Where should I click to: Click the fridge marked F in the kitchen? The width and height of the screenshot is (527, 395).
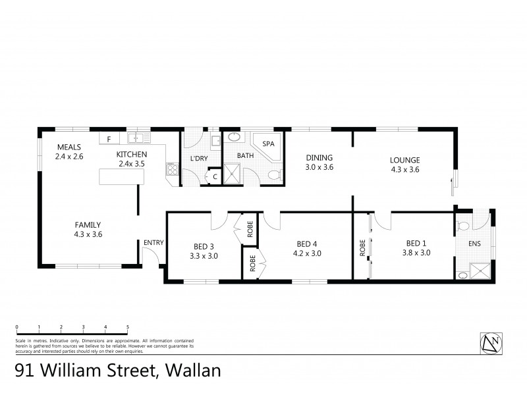point(109,139)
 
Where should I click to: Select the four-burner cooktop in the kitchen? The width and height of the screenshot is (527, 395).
point(173,170)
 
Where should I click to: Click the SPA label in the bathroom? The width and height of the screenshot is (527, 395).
point(268,144)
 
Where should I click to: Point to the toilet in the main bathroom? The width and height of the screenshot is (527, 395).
point(277,175)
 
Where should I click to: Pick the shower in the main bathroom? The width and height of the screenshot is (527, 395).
point(232,175)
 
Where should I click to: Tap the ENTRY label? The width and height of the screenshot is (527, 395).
point(153,243)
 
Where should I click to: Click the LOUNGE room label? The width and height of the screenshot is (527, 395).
point(404,159)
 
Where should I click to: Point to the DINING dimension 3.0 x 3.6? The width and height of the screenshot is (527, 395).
point(319,168)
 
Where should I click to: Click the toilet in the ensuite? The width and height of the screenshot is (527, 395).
point(463,226)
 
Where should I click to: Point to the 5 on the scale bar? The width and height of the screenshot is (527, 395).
point(127,327)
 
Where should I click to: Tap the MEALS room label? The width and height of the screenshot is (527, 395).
point(69,147)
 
